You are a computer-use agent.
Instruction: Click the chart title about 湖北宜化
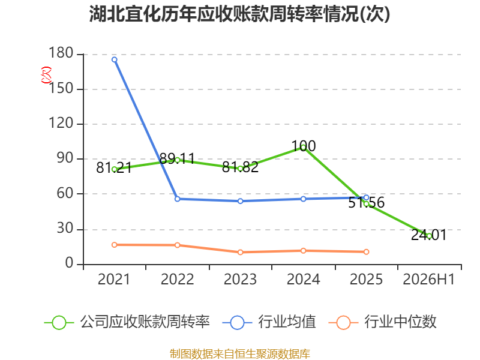[239, 14]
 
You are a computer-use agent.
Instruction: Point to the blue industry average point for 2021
[114, 59]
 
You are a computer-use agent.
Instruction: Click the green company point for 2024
[303, 148]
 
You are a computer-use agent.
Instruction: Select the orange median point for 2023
[241, 252]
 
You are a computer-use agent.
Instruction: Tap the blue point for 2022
[177, 199]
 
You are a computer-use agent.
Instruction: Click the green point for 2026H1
[429, 236]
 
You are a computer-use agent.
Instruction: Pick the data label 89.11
[177, 158]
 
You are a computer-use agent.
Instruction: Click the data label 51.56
[366, 203]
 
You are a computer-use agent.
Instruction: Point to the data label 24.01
[428, 235]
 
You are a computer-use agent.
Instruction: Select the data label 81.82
[241, 167]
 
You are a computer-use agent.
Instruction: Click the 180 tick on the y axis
[61, 53]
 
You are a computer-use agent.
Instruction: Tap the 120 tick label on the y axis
[61, 123]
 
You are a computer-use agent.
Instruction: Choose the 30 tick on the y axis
[65, 229]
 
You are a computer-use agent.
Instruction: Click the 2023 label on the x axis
[241, 280]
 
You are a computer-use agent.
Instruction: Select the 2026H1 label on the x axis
[428, 280]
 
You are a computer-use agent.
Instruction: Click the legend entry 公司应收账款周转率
[127, 322]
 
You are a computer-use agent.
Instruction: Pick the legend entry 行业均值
[269, 322]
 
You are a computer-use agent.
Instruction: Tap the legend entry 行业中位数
[382, 322]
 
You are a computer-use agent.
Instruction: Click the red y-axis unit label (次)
[46, 75]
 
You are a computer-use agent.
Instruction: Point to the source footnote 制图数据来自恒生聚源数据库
[240, 354]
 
